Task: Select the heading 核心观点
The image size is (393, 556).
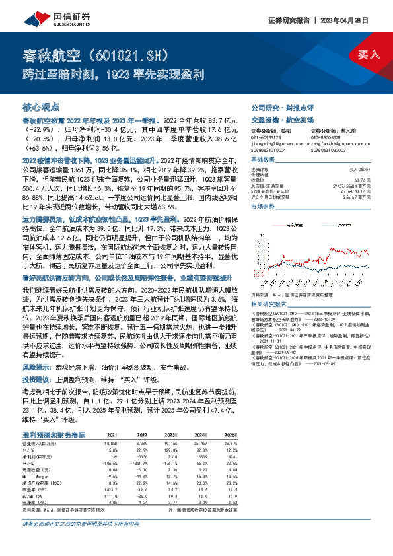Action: [x=41, y=106]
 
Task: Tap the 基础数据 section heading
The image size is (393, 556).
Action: [x=262, y=161]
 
